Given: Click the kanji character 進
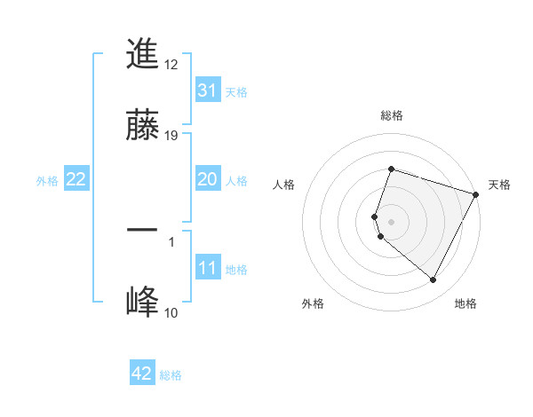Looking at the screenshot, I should pyautogui.click(x=142, y=55).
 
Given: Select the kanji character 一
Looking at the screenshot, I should pyautogui.click(x=142, y=230).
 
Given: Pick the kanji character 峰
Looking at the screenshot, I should pyautogui.click(x=142, y=302).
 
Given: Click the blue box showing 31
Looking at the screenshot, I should pyautogui.click(x=207, y=90).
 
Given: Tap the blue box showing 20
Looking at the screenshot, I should pyautogui.click(x=207, y=179).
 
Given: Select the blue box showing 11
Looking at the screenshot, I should pyautogui.click(x=207, y=268).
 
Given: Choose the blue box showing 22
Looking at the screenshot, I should pyautogui.click(x=76, y=179).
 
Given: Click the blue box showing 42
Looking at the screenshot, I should pyautogui.click(x=142, y=374).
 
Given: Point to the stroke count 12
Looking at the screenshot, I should pyautogui.click(x=172, y=64).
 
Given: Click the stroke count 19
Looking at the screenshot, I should pyautogui.click(x=172, y=135).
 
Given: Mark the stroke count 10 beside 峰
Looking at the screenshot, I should pyautogui.click(x=171, y=312).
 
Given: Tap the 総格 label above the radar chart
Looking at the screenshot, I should pyautogui.click(x=392, y=115).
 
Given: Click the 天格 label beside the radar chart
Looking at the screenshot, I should pyautogui.click(x=499, y=185).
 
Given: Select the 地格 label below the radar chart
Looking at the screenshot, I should pyautogui.click(x=465, y=303).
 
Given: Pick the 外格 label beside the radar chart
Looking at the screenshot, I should pyautogui.click(x=313, y=303).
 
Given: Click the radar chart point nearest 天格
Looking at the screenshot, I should pyautogui.click(x=476, y=193).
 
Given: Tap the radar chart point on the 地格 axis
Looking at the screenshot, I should pyautogui.click(x=434, y=280).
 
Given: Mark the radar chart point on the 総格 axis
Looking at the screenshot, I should pyautogui.click(x=391, y=169).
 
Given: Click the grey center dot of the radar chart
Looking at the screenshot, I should pyautogui.click(x=391, y=221).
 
